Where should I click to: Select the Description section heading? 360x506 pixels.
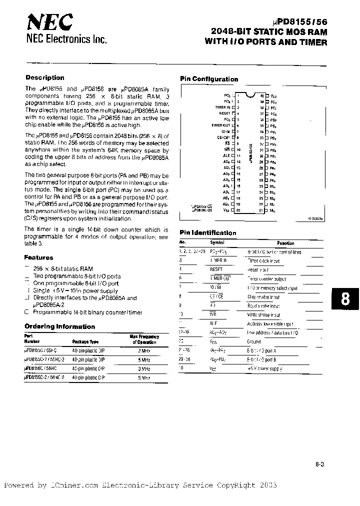pos(45,78)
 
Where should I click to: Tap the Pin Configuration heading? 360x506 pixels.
pos(209,79)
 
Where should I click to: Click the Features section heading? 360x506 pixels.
pos(38,257)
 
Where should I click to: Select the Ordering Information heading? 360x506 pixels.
pos(59,326)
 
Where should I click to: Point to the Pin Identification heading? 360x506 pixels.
pos(208,232)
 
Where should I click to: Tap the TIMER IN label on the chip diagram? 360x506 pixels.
pos(222,107)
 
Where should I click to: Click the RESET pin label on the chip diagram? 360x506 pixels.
pos(224,113)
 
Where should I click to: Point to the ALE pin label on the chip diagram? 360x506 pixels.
pos(226,155)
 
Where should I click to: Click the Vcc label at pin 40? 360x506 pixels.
pos(273,95)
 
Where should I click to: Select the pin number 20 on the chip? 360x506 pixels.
pos(238,210)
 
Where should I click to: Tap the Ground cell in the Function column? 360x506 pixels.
pos(254,342)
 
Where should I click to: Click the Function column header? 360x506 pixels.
pos(286,243)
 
